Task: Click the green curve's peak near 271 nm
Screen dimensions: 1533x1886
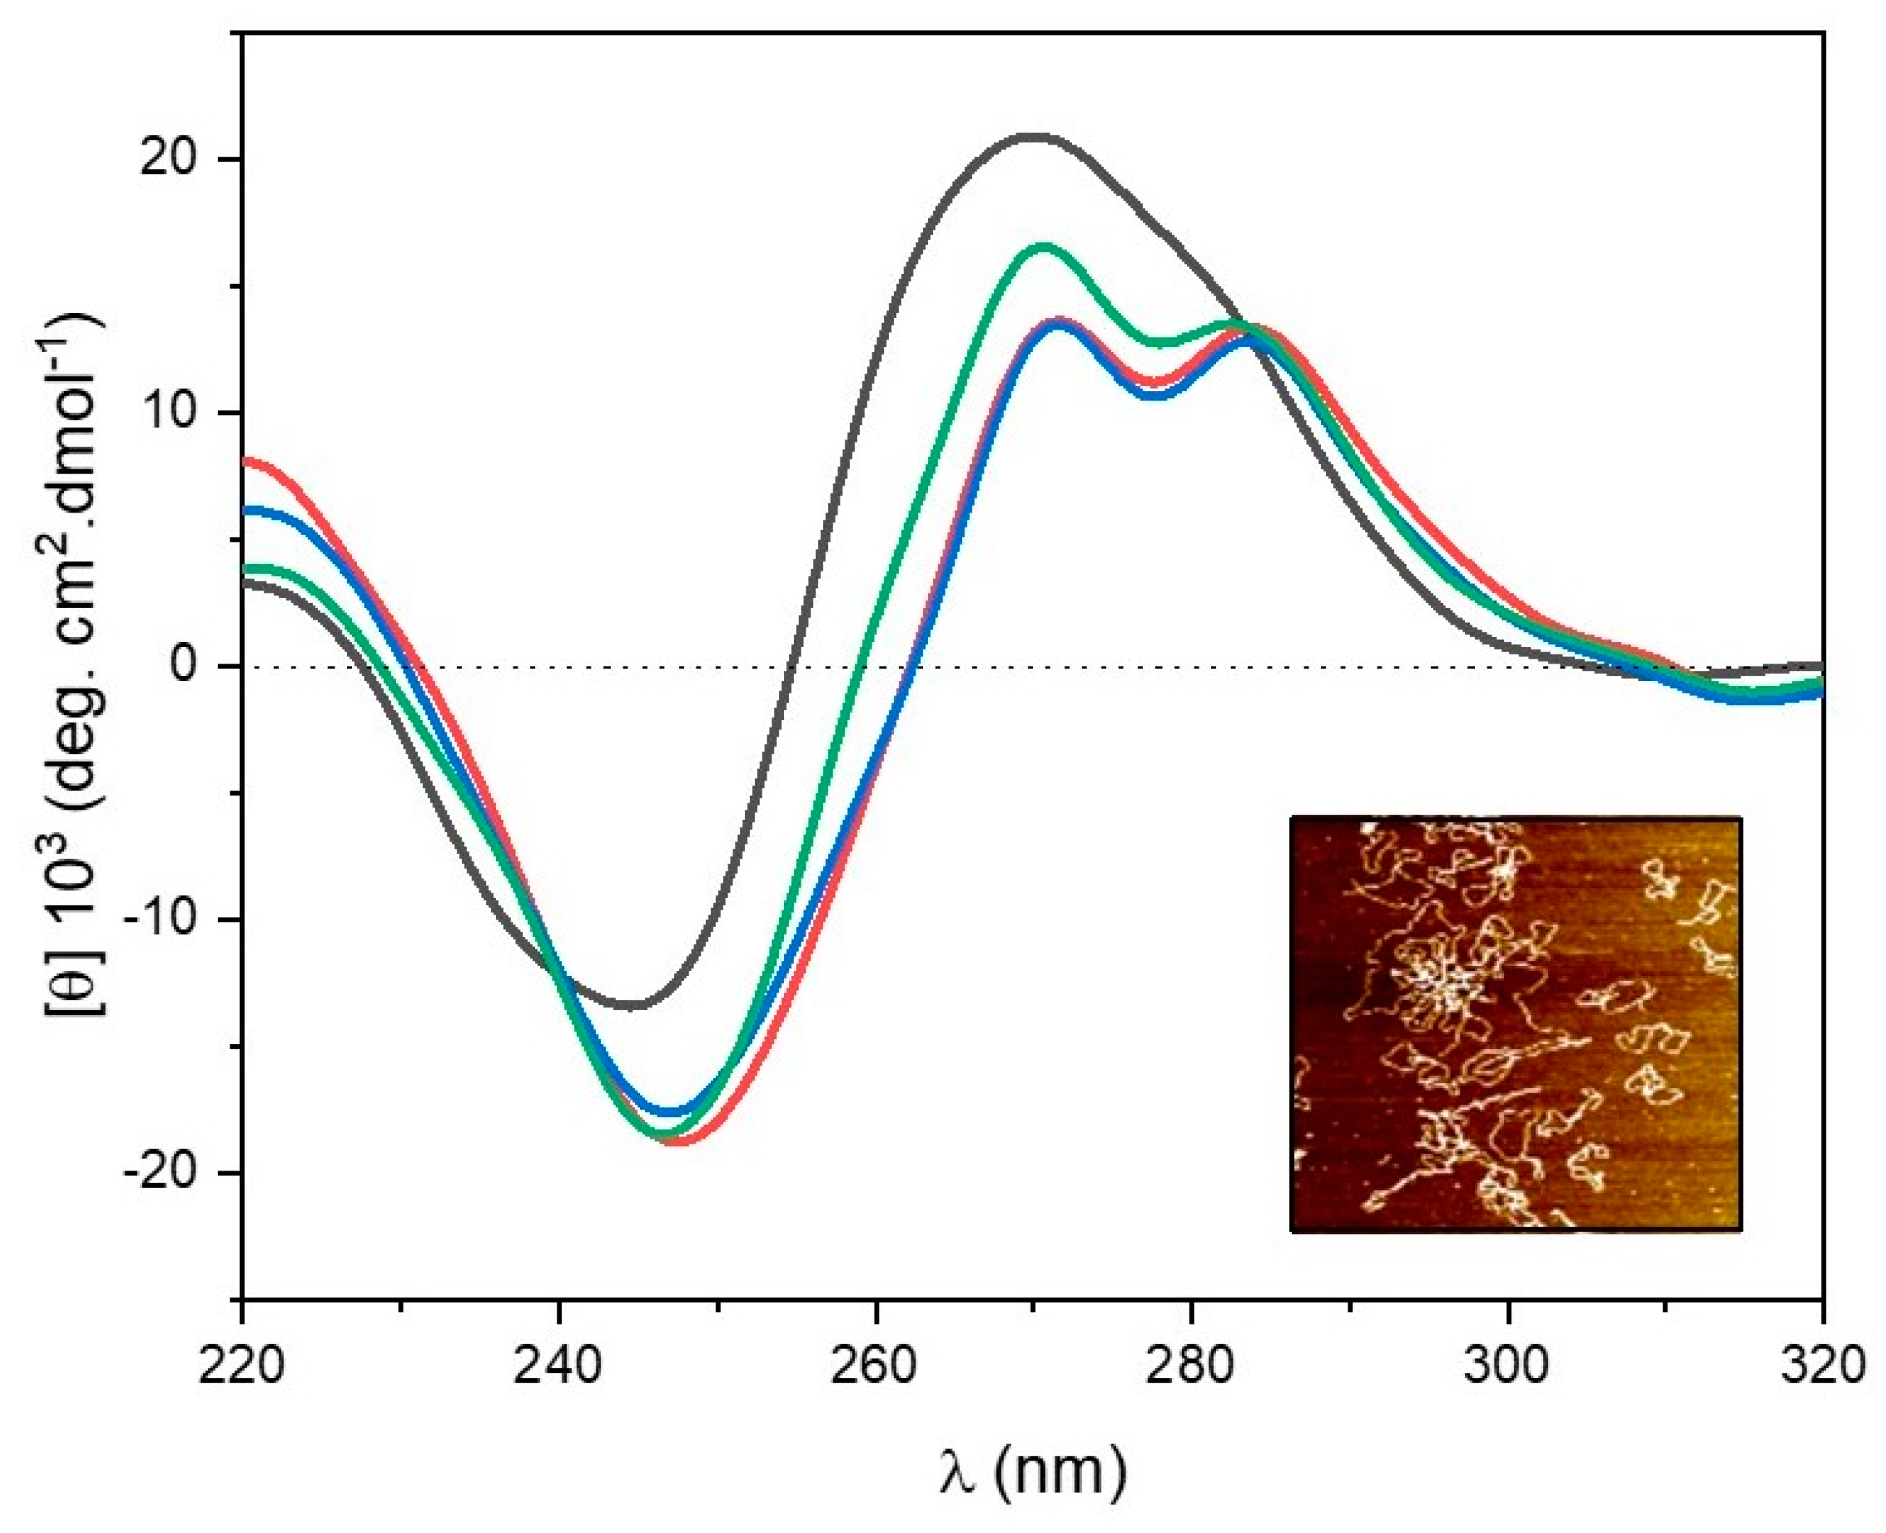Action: coord(1045,246)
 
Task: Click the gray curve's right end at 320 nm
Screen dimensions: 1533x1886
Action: coord(1820,666)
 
